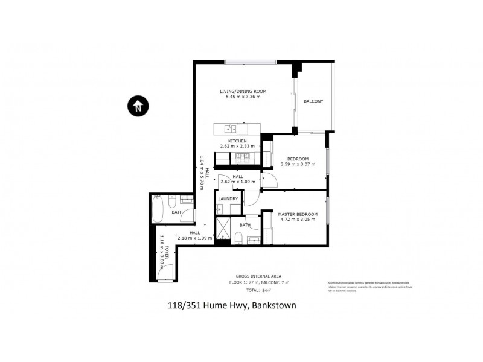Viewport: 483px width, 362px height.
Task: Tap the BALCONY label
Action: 313,101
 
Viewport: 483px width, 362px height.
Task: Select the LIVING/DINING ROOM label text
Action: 243,91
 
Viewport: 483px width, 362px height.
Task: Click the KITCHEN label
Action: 237,141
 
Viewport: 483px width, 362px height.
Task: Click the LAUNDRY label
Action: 228,198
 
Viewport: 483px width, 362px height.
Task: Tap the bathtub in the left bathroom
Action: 156,211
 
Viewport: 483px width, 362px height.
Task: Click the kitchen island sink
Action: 230,129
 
